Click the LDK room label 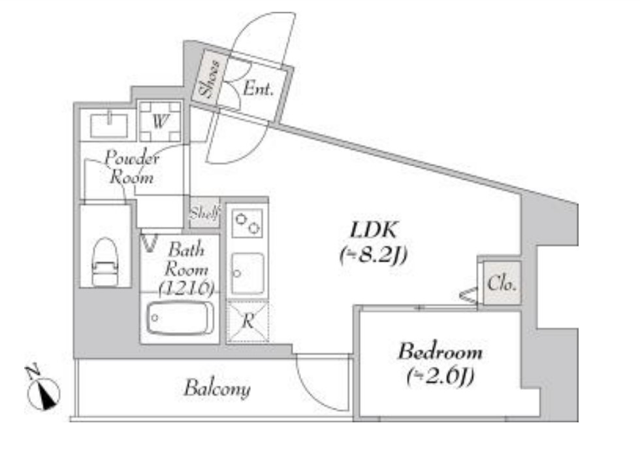(x=373, y=231)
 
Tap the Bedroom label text (x=440, y=352)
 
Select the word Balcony (x=217, y=388)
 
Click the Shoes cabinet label (x=208, y=78)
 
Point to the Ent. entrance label (x=258, y=88)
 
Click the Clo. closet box (x=502, y=283)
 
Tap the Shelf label (x=204, y=213)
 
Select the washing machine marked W (x=160, y=122)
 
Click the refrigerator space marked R (x=248, y=322)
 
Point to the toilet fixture (x=105, y=262)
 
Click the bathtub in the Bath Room (x=180, y=318)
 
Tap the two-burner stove (x=247, y=223)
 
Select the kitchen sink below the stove (x=248, y=273)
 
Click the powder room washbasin (x=108, y=124)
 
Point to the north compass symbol (x=42, y=390)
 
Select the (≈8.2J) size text (x=374, y=256)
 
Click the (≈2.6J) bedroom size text (x=440, y=376)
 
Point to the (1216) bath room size (x=186, y=288)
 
